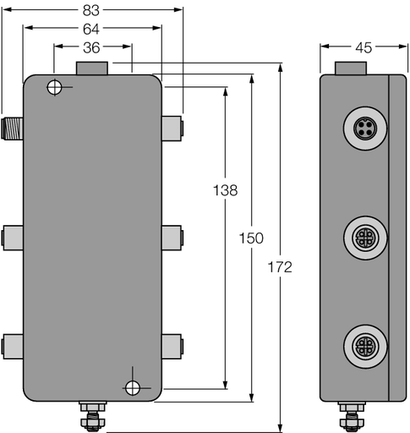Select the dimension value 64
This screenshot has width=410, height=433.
coord(92,29)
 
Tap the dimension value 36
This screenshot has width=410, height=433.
coord(92,47)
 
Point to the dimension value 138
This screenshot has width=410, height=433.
coord(225,191)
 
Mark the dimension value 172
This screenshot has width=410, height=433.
coord(280,267)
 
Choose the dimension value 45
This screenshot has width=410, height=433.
coord(363,47)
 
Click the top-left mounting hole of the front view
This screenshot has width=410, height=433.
coord(55,87)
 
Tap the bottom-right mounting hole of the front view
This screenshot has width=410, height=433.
coord(132,387)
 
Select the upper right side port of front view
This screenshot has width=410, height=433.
coord(172,129)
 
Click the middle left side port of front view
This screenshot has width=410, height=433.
coord(12,236)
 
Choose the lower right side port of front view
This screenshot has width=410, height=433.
coord(172,344)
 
